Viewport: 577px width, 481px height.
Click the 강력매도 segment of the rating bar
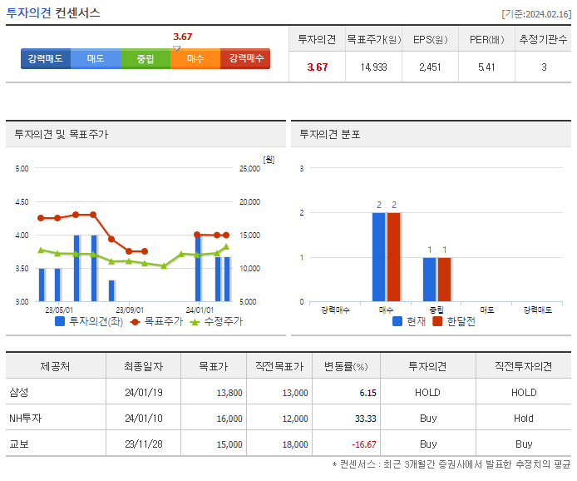(x=46, y=59)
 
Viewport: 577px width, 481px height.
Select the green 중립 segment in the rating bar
(x=145, y=59)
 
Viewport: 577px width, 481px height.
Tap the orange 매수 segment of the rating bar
(x=195, y=59)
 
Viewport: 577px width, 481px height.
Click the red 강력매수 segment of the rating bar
(x=245, y=59)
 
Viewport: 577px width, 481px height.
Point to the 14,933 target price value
(x=373, y=67)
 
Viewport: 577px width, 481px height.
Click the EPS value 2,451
(x=430, y=67)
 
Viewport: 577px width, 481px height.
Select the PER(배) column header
(x=486, y=39)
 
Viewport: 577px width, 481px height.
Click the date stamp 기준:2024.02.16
(x=536, y=14)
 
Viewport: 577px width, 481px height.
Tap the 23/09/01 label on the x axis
(x=129, y=310)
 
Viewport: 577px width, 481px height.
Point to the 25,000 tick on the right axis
(x=249, y=169)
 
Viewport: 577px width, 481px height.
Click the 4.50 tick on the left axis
(x=22, y=202)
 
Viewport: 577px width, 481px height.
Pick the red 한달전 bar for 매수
(x=394, y=256)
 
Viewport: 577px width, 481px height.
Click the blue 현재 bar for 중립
(x=429, y=279)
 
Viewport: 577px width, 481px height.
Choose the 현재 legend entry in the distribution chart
(x=411, y=321)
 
